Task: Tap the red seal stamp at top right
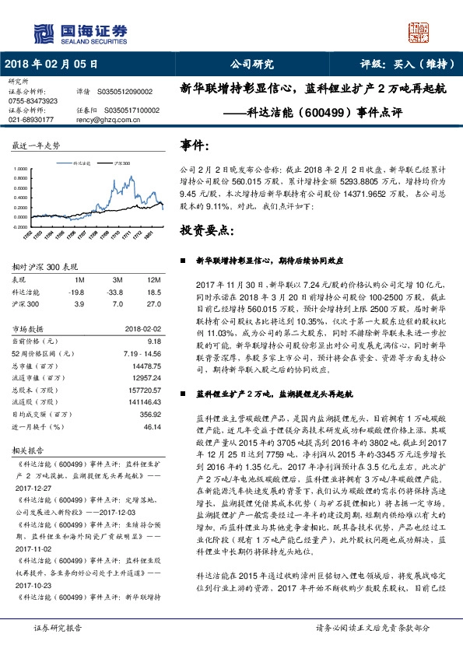(x=419, y=30)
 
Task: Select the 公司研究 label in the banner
(x=253, y=64)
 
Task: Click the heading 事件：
(x=194, y=145)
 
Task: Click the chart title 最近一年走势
(x=37, y=145)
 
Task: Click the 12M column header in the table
(x=153, y=279)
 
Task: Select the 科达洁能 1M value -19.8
(x=76, y=291)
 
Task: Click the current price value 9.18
(x=153, y=340)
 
